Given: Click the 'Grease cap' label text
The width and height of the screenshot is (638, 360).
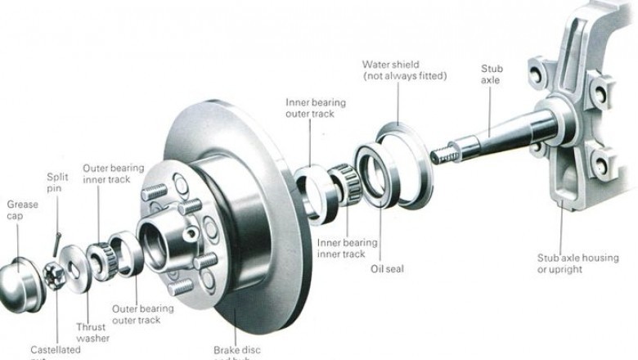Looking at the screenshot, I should [22, 209].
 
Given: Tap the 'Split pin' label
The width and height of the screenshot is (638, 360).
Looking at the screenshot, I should [57, 182].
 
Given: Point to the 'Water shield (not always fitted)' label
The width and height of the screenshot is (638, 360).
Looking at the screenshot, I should [405, 70].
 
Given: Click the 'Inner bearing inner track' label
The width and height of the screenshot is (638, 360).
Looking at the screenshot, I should [347, 248].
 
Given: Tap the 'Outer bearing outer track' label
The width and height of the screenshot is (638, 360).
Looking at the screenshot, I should [143, 314].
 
